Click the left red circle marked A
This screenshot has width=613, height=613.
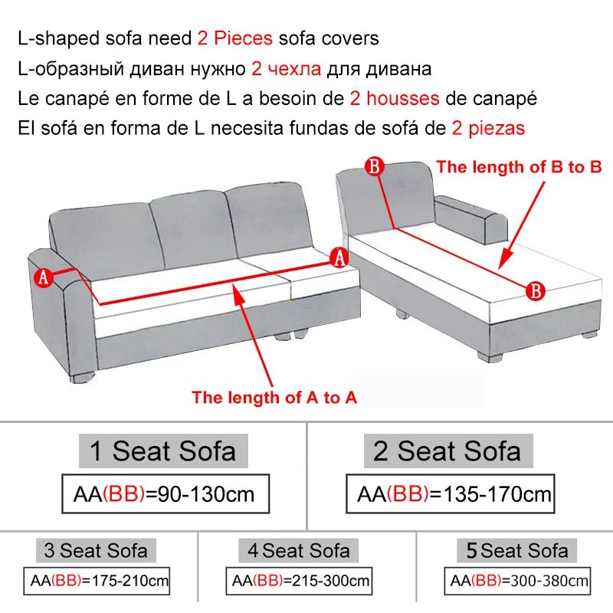click(44, 277)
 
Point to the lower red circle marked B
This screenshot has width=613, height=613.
click(536, 290)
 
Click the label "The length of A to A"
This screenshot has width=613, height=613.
click(274, 397)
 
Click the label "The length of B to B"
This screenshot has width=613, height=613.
click(519, 166)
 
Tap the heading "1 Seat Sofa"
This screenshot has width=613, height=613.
click(162, 451)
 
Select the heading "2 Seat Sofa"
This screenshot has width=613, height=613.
click(447, 451)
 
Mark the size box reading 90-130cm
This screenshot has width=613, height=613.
click(168, 494)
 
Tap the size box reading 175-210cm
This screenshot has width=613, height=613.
click(96, 581)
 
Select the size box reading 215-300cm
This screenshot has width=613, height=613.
click(300, 581)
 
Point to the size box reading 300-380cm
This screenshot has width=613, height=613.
click(520, 581)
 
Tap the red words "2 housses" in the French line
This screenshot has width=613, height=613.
click(394, 98)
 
